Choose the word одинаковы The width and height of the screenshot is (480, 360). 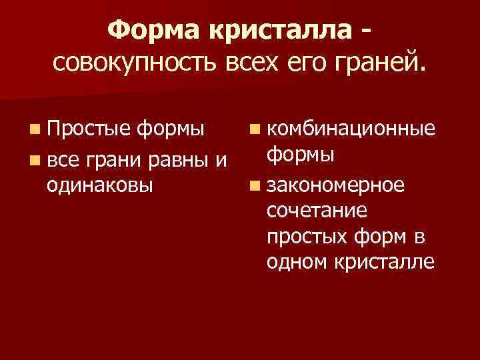(99, 184)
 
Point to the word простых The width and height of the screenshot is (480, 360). (303, 237)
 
